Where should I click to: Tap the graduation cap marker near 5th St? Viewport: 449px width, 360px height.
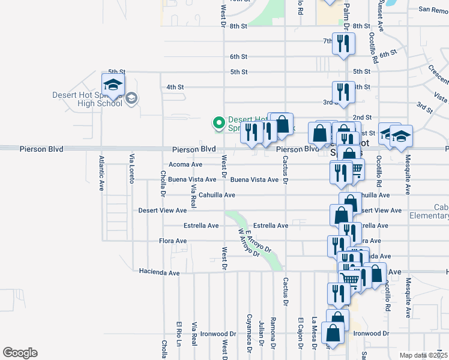[112, 85]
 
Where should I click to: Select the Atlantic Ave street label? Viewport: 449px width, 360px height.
[101, 173]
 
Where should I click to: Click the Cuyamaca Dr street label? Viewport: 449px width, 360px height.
[249, 330]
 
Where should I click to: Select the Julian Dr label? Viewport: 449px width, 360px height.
[261, 333]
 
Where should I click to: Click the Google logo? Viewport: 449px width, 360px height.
[20, 353]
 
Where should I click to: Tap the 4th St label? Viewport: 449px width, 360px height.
[175, 87]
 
